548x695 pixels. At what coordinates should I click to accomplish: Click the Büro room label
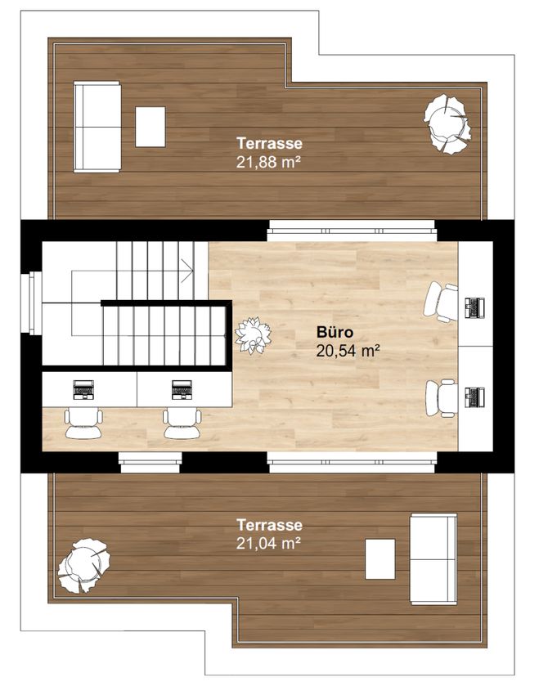335,332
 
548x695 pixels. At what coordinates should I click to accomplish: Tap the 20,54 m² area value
348,351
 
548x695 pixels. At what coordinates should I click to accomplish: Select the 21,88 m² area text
268,162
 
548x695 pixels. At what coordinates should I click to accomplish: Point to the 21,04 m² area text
268,543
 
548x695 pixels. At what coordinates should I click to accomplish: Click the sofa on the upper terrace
97,127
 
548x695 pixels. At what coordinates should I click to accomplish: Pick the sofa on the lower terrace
433,559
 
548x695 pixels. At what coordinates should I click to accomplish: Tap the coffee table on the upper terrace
150,127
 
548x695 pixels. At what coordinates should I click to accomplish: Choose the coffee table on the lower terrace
380,559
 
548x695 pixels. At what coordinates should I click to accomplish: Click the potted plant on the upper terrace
447,123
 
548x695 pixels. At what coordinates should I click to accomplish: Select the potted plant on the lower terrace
83,566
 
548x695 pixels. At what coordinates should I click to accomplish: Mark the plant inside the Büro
253,335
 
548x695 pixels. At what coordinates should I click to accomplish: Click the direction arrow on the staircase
186,271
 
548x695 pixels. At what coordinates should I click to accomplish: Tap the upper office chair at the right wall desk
441,303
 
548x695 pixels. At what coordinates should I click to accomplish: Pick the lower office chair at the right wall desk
442,397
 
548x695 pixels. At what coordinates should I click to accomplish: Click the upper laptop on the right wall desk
474,308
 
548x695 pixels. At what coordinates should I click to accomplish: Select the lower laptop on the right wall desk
474,397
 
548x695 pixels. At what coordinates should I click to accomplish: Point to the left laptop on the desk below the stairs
83,389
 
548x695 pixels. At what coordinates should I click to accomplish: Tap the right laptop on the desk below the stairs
182,389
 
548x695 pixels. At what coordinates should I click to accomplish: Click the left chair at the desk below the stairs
83,424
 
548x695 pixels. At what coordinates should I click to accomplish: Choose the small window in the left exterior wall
32,303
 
